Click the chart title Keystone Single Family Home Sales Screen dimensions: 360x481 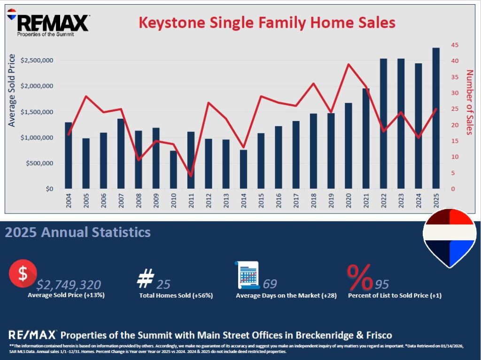coord(266,22)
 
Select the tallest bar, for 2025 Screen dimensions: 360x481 coord(436,118)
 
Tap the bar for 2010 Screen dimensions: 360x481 coord(173,170)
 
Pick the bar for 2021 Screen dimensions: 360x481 coord(366,138)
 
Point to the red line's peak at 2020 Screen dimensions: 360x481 coord(349,64)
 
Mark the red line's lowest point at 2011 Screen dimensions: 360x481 coord(191,176)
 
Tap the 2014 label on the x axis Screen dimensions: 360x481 coord(243,201)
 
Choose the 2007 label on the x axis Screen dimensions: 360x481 coord(121,201)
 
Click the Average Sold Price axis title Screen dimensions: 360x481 coord(12,91)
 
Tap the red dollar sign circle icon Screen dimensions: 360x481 coord(22,275)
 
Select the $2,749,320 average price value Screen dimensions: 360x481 coord(69,284)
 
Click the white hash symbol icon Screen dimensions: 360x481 coord(144,279)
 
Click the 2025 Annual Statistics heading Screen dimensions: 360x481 coord(78,232)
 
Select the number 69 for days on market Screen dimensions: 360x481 coord(270,284)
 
